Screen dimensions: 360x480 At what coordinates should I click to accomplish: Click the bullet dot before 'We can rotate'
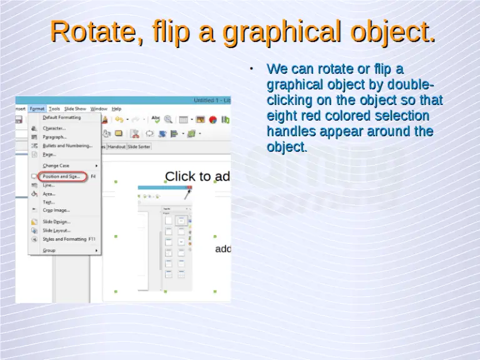click(250, 67)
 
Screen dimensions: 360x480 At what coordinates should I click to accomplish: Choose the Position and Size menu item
click(61, 177)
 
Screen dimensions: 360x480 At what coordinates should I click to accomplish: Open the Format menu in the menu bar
click(37, 109)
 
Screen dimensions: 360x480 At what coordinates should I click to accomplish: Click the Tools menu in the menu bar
click(54, 109)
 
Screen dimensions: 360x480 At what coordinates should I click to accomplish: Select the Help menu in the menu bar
click(116, 109)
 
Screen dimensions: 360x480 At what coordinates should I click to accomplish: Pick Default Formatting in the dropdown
click(61, 117)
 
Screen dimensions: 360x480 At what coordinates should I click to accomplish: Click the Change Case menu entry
click(56, 166)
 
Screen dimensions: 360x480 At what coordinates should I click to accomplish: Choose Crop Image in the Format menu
click(56, 211)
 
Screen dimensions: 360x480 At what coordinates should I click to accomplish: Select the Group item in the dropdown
click(49, 251)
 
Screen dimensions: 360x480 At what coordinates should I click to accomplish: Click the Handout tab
click(116, 147)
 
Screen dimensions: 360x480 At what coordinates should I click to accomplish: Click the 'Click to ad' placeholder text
click(197, 177)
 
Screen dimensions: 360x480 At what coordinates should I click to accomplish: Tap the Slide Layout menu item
click(56, 231)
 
